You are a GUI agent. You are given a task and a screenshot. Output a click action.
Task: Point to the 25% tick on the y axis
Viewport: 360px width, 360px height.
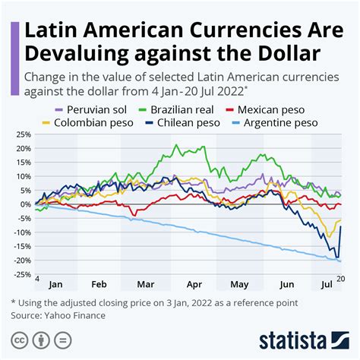[x=23, y=135]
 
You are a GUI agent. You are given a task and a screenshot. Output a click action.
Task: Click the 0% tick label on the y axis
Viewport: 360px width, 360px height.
[x=25, y=204]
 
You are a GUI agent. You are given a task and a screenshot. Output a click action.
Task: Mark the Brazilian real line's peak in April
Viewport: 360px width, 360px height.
[x=176, y=146]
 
